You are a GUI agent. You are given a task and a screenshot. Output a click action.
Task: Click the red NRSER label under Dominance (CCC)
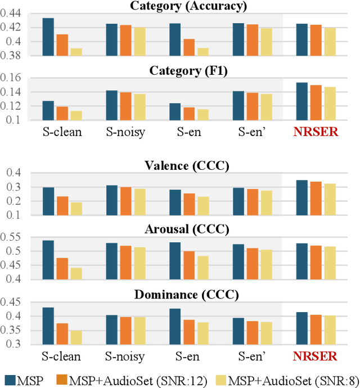point(315,357)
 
